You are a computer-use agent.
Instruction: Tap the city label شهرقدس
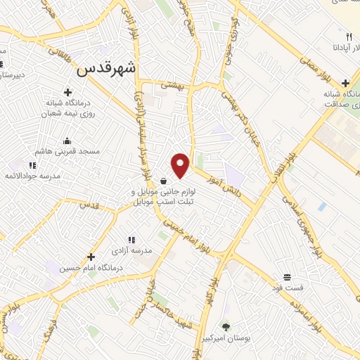[x=105, y=70]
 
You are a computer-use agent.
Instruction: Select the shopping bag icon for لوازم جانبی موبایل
[x=163, y=180]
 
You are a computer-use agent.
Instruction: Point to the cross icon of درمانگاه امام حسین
[x=91, y=257]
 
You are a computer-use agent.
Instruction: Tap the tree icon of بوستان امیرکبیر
[x=225, y=326]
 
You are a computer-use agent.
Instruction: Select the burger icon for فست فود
[x=287, y=277]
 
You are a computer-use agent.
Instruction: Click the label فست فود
[x=287, y=288]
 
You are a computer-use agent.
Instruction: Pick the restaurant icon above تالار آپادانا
[x=348, y=37]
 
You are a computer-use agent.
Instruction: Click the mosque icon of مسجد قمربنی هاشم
[x=67, y=140]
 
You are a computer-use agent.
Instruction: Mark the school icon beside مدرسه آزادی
[x=130, y=240]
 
